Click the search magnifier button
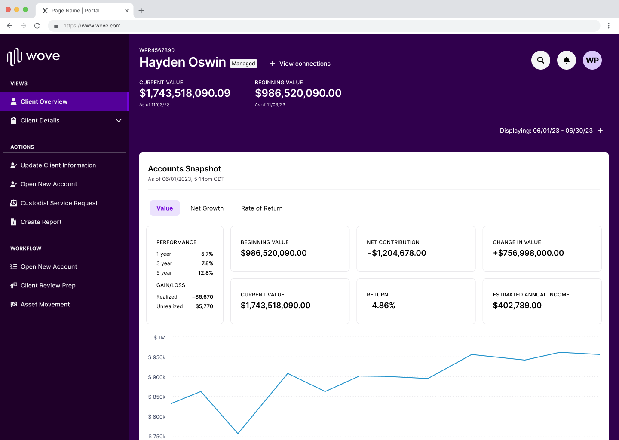pos(541,60)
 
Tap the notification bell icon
pos(567,60)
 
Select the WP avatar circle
pos(592,60)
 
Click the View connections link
pos(300,64)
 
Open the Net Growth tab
pos(207,208)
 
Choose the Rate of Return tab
pos(262,208)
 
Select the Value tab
pos(165,208)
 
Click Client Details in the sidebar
pos(40,120)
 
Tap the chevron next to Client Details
pos(119,120)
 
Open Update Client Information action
pos(58,165)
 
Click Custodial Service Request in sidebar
pos(59,203)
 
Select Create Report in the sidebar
pos(41,222)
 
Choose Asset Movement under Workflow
pos(45,304)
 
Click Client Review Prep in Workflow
pos(48,285)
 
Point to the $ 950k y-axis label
pos(157,357)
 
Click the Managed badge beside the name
pos(243,64)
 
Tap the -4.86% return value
pos(381,306)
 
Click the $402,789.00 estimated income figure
pos(517,306)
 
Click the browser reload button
pos(37,26)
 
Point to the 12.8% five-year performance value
pos(205,273)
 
